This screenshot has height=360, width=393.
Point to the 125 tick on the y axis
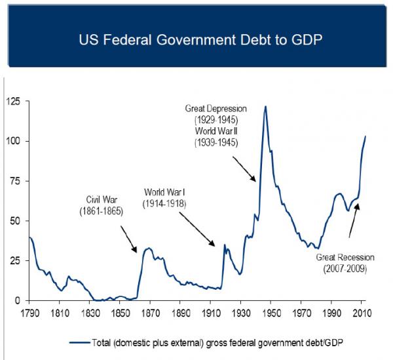(x=14, y=101)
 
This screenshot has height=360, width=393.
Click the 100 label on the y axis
(x=14, y=141)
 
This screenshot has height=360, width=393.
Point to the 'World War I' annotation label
(x=166, y=193)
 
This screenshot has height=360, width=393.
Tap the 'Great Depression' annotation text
(x=216, y=109)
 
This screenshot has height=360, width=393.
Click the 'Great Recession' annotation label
(x=343, y=258)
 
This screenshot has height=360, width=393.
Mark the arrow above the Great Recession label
(x=354, y=220)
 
